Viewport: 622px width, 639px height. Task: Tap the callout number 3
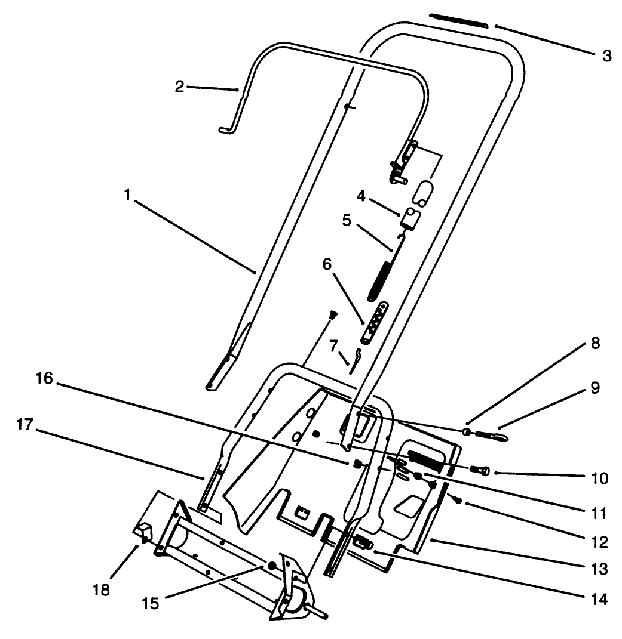pyautogui.click(x=606, y=57)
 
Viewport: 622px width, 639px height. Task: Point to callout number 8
pyautogui.click(x=594, y=345)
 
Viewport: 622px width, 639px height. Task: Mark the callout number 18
pyautogui.click(x=102, y=589)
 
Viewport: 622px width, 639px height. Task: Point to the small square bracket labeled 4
pyautogui.click(x=411, y=218)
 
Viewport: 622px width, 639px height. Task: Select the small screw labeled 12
pyautogui.click(x=458, y=500)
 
